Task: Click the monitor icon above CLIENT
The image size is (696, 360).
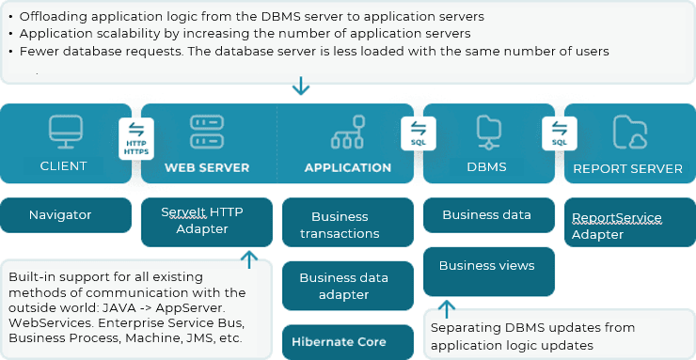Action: [66, 132]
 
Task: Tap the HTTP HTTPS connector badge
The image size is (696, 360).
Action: [136, 138]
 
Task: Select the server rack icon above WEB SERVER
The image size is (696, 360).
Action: [207, 132]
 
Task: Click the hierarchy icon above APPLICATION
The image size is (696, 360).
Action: [348, 132]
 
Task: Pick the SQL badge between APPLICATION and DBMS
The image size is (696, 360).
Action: [419, 133]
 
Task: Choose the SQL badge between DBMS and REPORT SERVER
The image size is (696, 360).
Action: [560, 133]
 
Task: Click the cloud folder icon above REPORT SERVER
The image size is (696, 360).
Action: [630, 132]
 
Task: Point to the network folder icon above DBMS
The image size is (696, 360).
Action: [489, 132]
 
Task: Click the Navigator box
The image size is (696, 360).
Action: [66, 215]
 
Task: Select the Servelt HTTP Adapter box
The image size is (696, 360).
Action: [207, 222]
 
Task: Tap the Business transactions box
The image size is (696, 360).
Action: [348, 222]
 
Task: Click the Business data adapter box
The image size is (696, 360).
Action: [348, 286]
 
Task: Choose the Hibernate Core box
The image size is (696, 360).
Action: [348, 342]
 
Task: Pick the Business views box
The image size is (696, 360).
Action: [489, 272]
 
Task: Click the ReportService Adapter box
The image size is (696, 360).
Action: [630, 222]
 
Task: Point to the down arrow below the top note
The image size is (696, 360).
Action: [301, 86]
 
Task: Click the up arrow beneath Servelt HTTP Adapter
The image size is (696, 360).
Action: [249, 259]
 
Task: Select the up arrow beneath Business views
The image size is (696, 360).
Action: [447, 309]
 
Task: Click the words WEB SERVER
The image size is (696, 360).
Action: [207, 168]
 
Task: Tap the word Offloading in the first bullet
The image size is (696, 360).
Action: [49, 17]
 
